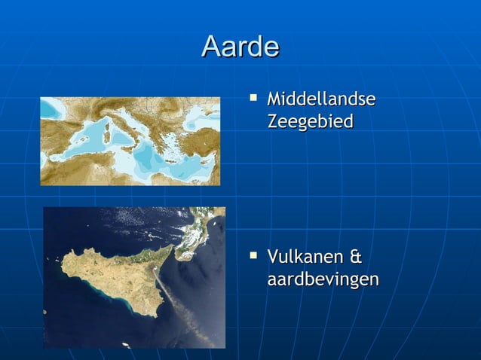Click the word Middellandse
(321, 100)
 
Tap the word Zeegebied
(310, 121)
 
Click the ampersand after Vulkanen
(356, 258)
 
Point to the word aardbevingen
(323, 279)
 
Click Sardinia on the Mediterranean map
(106, 136)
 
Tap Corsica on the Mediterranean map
(107, 125)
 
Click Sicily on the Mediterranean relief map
(129, 148)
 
